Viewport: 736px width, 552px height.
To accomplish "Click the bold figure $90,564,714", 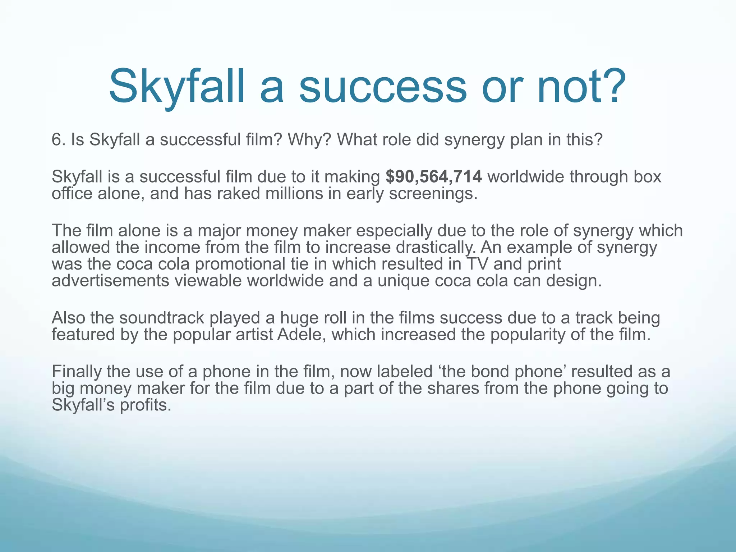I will (433, 176).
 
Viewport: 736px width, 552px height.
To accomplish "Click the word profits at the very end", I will (145, 405).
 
